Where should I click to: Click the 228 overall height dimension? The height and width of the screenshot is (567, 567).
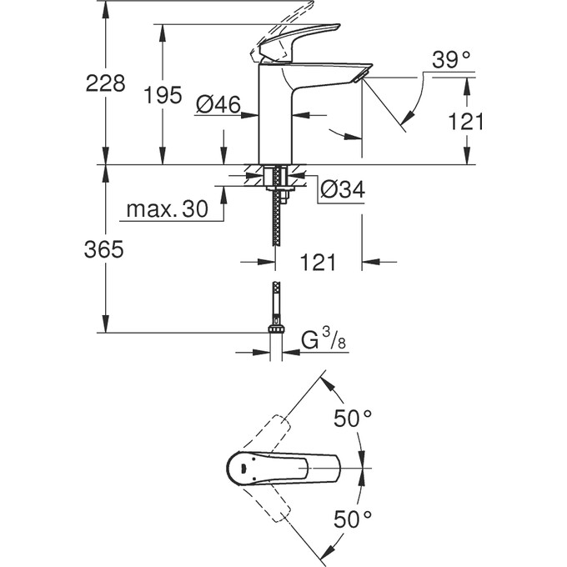[106, 83]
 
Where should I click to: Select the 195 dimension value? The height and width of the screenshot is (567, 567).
[163, 96]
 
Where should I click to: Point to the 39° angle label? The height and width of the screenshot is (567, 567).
[451, 59]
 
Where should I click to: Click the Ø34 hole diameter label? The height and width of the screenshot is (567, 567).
[343, 190]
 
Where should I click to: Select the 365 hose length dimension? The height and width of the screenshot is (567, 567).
[106, 249]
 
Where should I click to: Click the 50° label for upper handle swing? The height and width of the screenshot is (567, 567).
[354, 419]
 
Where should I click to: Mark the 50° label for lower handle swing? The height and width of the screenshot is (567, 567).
[354, 519]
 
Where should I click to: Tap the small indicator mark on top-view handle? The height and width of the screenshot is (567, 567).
[243, 469]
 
